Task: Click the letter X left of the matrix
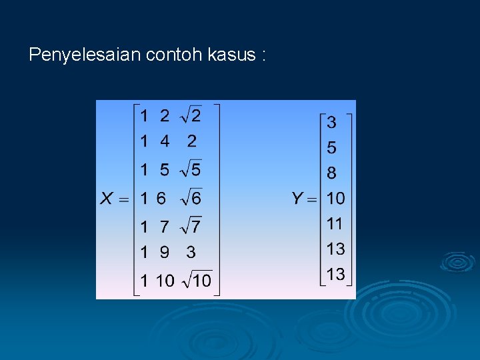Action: point(107,198)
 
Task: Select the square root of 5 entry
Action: point(191,169)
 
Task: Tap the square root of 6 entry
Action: point(191,197)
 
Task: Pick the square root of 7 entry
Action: point(191,227)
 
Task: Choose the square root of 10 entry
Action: point(196,280)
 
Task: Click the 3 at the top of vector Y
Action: point(331,123)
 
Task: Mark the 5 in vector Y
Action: point(331,148)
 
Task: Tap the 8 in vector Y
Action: point(331,173)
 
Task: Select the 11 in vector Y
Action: point(335,223)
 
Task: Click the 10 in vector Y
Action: point(335,198)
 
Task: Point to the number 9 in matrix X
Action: point(164,253)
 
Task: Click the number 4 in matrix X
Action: point(164,141)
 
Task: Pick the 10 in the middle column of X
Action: point(164,281)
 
